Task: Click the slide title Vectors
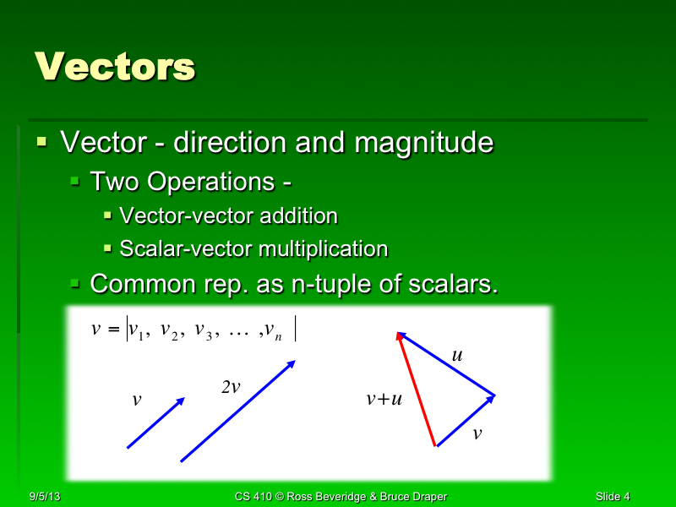click(115, 66)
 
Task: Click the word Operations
click(215, 182)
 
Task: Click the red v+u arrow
click(417, 389)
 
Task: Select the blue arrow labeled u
click(446, 363)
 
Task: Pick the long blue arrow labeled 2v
click(237, 412)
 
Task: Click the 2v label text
click(231, 387)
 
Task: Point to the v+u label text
click(384, 399)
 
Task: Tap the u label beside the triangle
click(457, 356)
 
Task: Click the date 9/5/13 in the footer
click(42, 496)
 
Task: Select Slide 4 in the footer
click(612, 496)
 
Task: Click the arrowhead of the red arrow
click(400, 338)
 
